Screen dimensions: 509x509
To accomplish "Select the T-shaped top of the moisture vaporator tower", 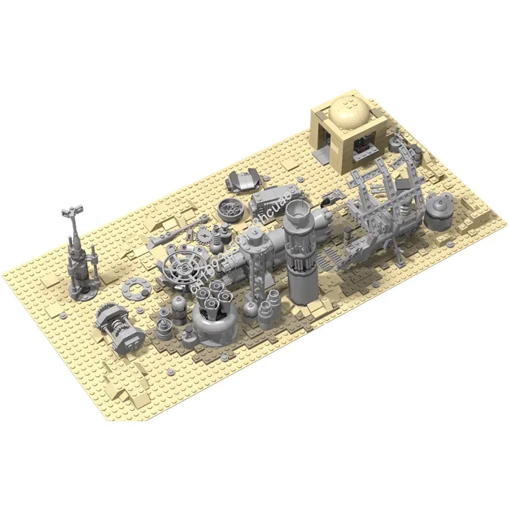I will [x=72, y=211].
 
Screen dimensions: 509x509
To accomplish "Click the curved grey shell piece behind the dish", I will [x=244, y=180].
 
